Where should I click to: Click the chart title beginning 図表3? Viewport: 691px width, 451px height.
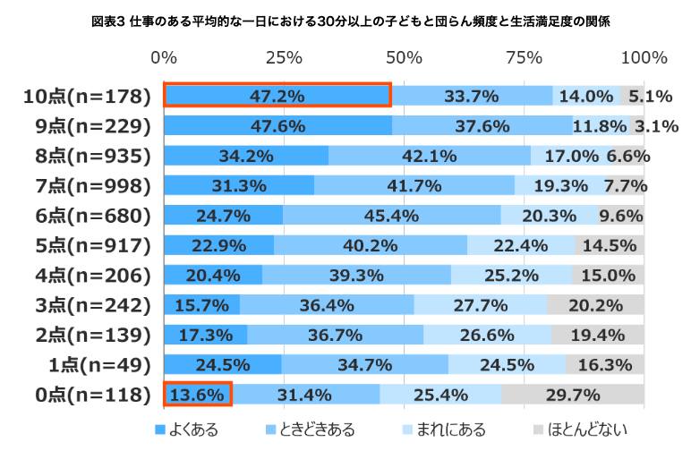[350, 21]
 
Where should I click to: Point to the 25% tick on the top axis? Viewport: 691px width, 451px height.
[285, 57]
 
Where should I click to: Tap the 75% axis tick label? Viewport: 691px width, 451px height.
[524, 57]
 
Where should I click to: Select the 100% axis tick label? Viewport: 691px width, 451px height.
[644, 57]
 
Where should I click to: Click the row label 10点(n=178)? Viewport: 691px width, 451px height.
[87, 97]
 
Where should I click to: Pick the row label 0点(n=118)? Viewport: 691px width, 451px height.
[93, 395]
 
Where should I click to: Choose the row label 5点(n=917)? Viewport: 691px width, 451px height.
[93, 246]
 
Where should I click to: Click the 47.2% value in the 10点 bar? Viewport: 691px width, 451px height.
[277, 96]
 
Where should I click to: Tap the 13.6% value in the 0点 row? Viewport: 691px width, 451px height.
[197, 395]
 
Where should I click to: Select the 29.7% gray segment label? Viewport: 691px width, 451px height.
[573, 395]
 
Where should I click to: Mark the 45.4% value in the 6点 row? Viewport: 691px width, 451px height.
[391, 216]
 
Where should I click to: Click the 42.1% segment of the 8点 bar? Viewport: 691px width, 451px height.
[430, 156]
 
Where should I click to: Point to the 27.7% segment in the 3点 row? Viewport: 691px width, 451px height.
[481, 305]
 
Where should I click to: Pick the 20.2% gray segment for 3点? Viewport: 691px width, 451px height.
[596, 305]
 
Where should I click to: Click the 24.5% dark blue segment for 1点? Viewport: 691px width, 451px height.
[223, 365]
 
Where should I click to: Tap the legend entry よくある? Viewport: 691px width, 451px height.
[187, 430]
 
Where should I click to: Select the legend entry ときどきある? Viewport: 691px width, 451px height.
[311, 430]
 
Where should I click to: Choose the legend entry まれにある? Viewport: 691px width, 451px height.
[444, 430]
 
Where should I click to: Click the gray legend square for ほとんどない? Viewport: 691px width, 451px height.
[538, 430]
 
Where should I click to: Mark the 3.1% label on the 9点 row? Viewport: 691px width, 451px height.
[656, 126]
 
